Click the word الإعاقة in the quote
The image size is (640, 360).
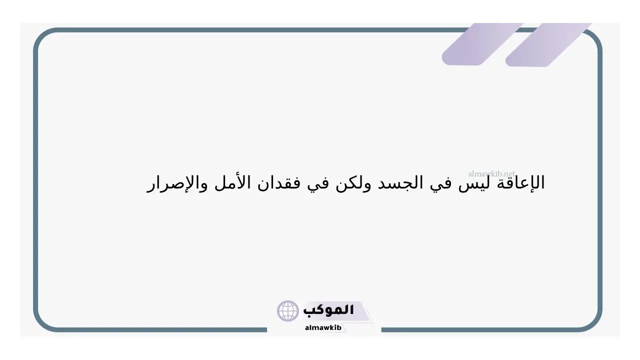pyautogui.click(x=521, y=183)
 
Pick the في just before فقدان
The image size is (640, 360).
pyautogui.click(x=317, y=184)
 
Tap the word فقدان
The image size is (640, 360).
pyautogui.click(x=279, y=183)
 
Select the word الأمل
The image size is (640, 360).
pyautogui.click(x=233, y=182)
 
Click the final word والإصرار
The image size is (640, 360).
pyautogui.click(x=177, y=184)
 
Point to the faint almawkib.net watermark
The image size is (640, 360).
pyautogui.click(x=491, y=173)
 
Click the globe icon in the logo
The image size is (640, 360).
pyautogui.click(x=287, y=311)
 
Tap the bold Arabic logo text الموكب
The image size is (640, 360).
pyautogui.click(x=328, y=310)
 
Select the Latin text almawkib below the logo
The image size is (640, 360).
pyautogui.click(x=323, y=327)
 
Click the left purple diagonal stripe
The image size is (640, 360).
pyautogui.click(x=483, y=44)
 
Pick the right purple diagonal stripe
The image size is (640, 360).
pyautogui.click(x=548, y=45)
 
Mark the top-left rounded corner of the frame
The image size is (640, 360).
pyautogui.click(x=43, y=37)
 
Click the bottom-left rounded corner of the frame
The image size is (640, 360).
pyautogui.click(x=43, y=322)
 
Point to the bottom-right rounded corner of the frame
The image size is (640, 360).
pyautogui.click(x=592, y=322)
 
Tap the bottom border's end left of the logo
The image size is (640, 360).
pyautogui.click(x=266, y=330)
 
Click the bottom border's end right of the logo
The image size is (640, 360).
pyautogui.click(x=381, y=330)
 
